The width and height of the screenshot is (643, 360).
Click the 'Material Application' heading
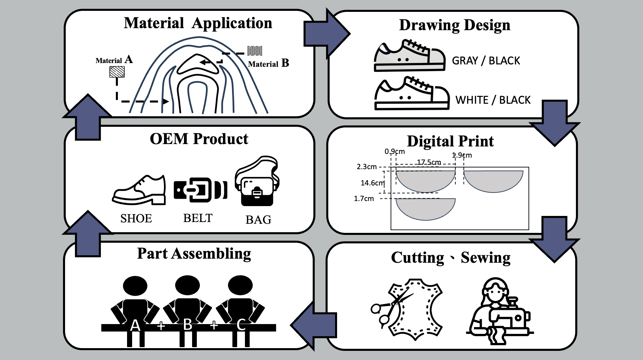coord(198,23)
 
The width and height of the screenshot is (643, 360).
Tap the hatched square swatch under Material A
coord(117,72)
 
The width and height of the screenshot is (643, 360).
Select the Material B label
coord(268,63)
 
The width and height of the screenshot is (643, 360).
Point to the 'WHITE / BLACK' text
coord(493,100)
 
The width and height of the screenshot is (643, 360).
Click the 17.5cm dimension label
coord(429,162)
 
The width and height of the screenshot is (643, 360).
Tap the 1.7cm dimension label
coord(364,199)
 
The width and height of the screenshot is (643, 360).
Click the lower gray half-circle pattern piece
coord(426,208)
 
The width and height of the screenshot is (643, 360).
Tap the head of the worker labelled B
coord(187,285)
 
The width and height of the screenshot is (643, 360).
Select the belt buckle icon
coord(200,190)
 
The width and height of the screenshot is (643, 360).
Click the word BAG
coord(258,220)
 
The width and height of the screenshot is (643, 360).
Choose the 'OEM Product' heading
coord(199,139)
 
